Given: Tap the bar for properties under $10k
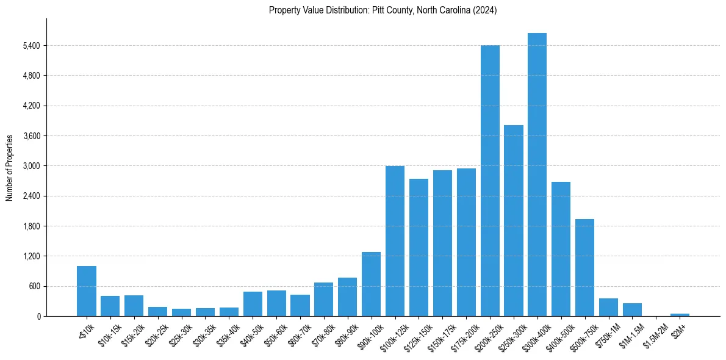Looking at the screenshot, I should [x=87, y=291].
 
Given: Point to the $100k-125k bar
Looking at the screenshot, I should [x=395, y=241].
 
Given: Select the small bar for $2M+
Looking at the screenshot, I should [x=680, y=314].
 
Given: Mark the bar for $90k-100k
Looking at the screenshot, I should [x=371, y=284].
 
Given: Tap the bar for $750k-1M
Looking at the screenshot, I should [x=608, y=307].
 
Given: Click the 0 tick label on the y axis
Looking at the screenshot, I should [x=38, y=316].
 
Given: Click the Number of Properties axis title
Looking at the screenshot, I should [x=9, y=168].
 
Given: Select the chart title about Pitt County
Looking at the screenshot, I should [x=383, y=10].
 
